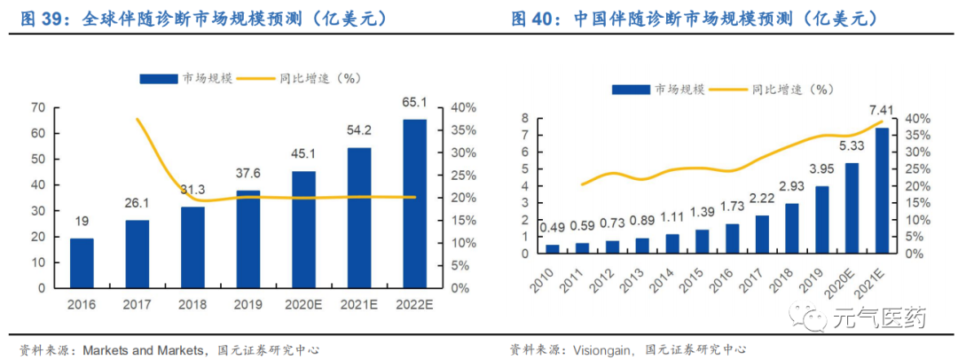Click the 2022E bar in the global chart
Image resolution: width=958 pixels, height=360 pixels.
tap(414, 204)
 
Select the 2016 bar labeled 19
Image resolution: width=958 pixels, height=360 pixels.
tap(82, 262)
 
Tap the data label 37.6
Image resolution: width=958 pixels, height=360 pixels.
tap(248, 173)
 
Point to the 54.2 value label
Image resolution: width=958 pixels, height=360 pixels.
tap(359, 129)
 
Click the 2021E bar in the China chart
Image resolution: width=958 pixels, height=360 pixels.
tap(883, 191)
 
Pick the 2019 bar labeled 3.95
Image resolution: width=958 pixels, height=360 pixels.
tap(822, 219)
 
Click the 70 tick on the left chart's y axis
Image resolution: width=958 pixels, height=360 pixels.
tap(38, 107)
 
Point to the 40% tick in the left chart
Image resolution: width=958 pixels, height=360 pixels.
tap(464, 107)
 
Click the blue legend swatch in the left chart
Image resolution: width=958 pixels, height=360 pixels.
tap(159, 78)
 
